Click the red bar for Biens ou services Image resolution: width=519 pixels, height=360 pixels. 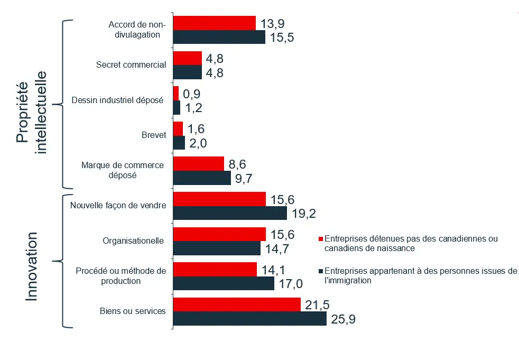[237, 304]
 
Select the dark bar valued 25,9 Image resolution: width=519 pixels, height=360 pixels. [249, 319]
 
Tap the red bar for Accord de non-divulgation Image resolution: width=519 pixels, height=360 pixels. [214, 23]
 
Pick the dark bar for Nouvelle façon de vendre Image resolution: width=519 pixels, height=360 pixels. [230, 213]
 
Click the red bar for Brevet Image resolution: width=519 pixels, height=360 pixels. [178, 128]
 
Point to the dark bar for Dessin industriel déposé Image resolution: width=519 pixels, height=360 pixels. [177, 108]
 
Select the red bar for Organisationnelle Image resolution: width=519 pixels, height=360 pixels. [219, 234]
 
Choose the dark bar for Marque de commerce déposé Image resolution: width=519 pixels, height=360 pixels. [202, 178]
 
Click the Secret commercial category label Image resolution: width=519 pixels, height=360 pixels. [131, 65]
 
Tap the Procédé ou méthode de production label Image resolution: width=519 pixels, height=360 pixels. [121, 275]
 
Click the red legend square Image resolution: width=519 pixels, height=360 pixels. [320, 239]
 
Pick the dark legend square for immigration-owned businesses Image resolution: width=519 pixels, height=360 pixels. [320, 271]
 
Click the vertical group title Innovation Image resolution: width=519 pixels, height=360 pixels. [32, 266]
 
